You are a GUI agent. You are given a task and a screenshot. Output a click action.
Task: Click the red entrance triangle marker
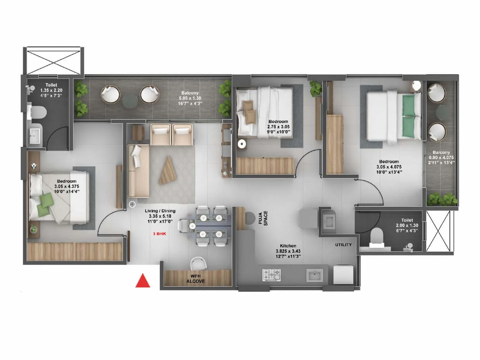pyautogui.click(x=143, y=281)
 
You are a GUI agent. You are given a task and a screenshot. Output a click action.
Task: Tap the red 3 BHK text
pyautogui.click(x=159, y=234)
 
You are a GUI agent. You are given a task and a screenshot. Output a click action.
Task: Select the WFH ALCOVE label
pyautogui.click(x=196, y=279)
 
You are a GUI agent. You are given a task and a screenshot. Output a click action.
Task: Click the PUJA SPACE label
pyautogui.click(x=263, y=218)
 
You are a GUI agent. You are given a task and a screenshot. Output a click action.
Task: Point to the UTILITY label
pyautogui.click(x=343, y=245)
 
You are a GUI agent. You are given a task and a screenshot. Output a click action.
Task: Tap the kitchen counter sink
pyautogui.click(x=315, y=275)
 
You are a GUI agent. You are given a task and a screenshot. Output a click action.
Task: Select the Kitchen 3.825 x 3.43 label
pyautogui.click(x=288, y=251)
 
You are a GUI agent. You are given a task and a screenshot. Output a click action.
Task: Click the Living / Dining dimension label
pyautogui.click(x=160, y=216)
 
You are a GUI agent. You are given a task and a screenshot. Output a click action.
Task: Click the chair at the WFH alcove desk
pyautogui.click(x=198, y=263)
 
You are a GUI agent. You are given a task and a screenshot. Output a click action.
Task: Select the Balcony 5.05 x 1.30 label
pyautogui.click(x=190, y=98)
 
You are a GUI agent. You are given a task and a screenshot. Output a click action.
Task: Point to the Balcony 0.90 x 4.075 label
pyautogui.click(x=441, y=157)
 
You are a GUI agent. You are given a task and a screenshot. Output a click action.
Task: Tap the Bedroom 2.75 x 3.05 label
pyautogui.click(x=278, y=127)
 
